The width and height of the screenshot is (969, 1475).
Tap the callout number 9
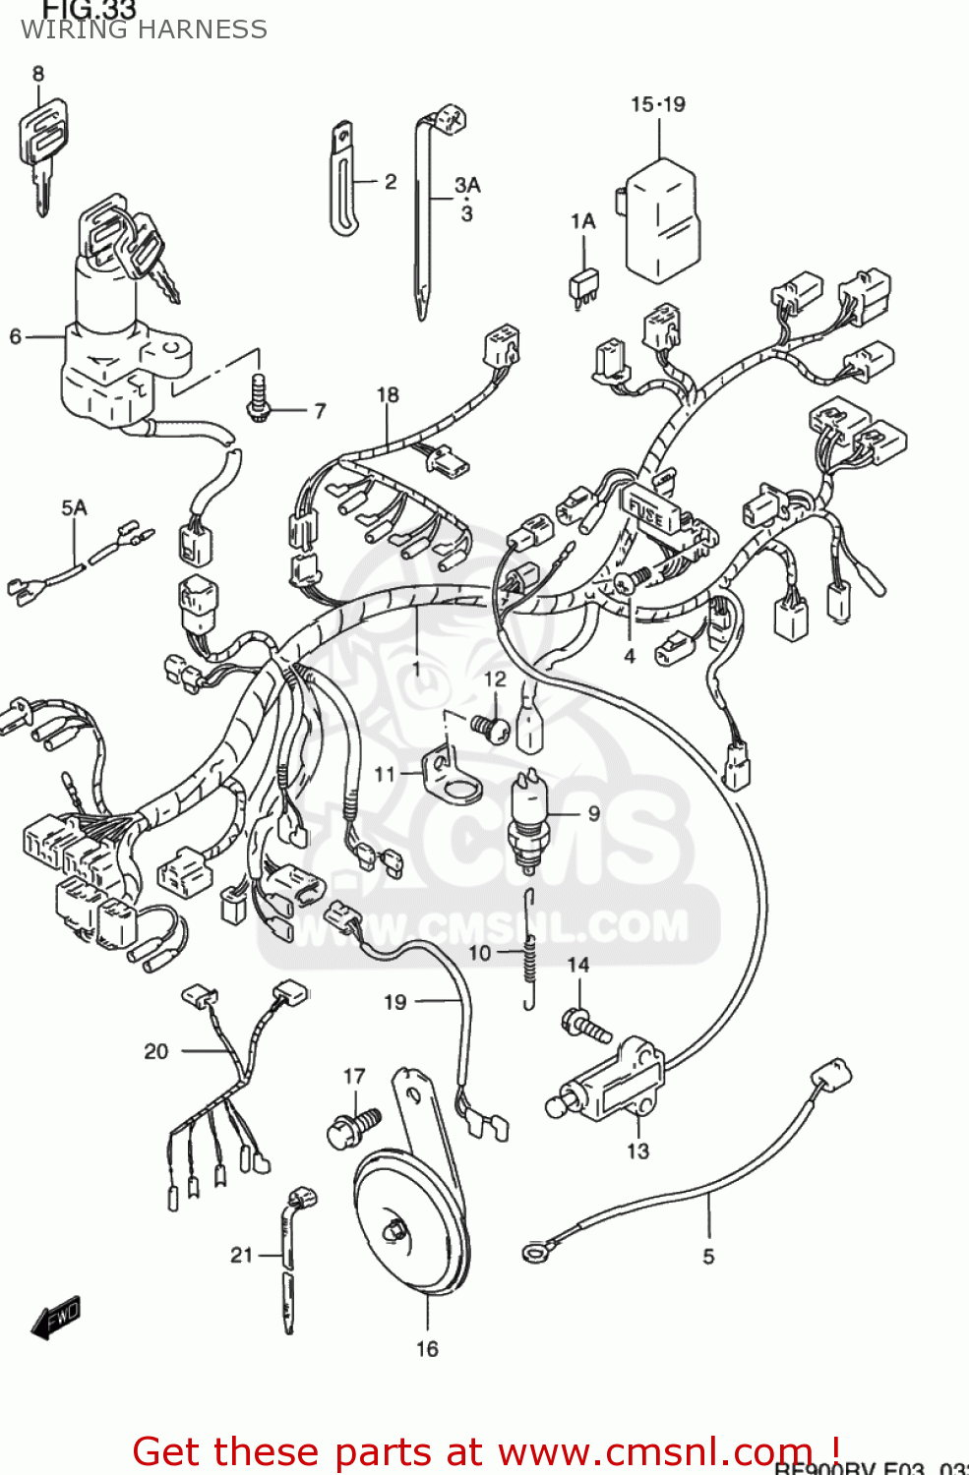coord(594,813)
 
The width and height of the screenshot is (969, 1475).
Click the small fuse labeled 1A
coord(583,284)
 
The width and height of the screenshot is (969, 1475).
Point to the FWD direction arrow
coord(55,1318)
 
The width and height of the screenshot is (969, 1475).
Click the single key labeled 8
coord(41,147)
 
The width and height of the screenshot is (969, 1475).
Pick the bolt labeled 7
coord(259,399)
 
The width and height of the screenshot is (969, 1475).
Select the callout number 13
coord(637,1150)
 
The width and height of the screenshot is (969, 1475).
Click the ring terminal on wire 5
coord(534,1251)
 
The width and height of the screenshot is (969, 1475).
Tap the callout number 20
coord(156,1051)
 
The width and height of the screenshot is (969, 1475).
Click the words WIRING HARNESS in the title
coord(144,29)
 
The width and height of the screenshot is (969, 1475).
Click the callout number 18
coord(388,394)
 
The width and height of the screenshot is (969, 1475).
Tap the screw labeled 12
coord(490,728)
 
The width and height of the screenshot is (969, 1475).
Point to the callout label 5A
coord(74,507)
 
